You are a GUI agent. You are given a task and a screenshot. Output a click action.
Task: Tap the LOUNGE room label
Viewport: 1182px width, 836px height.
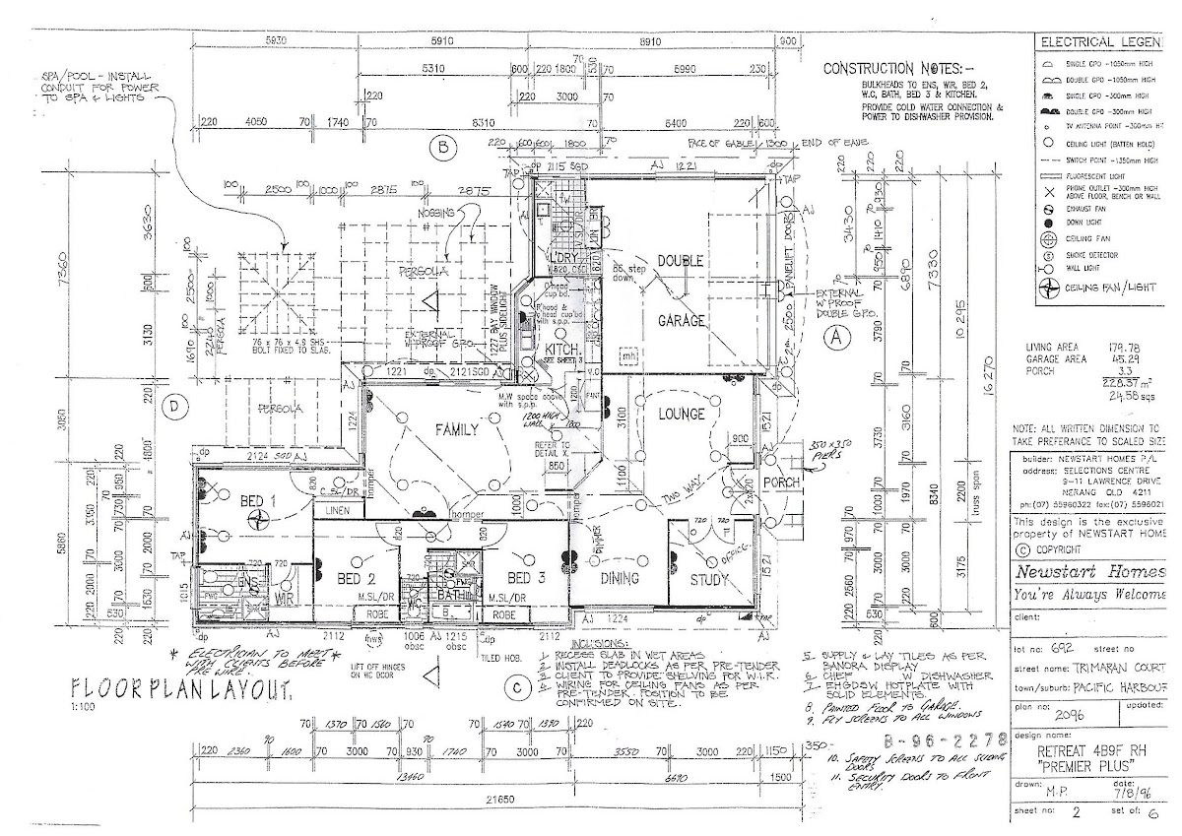(x=682, y=415)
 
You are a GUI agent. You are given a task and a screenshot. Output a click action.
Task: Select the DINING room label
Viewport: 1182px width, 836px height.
(x=621, y=578)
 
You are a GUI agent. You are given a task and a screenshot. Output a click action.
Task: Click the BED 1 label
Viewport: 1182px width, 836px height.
(x=259, y=500)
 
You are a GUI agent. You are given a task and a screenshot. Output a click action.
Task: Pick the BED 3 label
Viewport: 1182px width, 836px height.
(x=527, y=578)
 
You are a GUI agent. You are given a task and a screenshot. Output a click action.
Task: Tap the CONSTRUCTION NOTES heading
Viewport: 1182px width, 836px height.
(x=892, y=69)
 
